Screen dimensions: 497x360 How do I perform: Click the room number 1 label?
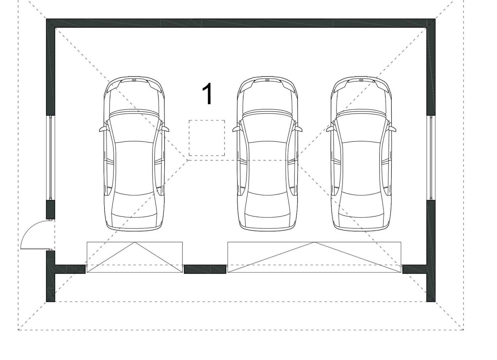pos(207,94)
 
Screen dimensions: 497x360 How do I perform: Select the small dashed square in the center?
pos(207,138)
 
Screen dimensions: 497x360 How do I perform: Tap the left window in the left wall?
pos(50,157)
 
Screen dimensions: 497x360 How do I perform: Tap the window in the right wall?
pos(431,157)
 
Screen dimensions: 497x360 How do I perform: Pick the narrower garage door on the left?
pos(135,257)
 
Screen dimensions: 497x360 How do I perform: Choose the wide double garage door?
pos(314,257)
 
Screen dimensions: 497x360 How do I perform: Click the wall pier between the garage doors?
pos(205,269)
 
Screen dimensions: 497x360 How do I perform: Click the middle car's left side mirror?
pos(237,129)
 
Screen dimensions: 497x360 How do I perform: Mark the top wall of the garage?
pos(241,23)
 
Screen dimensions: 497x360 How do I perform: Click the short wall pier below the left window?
pos(50,209)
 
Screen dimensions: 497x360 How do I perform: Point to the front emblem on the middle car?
pos(267,80)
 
